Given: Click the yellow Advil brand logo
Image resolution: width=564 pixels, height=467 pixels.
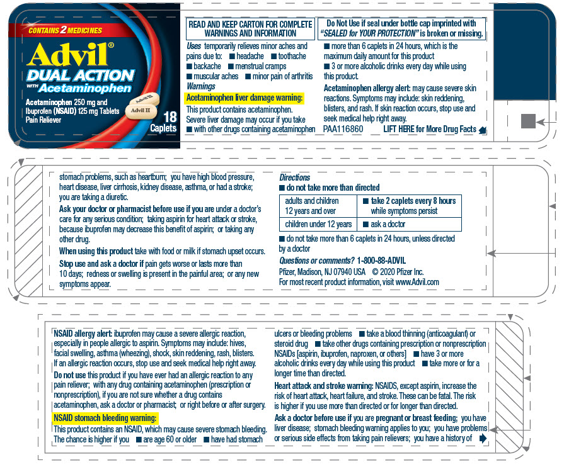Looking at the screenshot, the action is coord(68,55).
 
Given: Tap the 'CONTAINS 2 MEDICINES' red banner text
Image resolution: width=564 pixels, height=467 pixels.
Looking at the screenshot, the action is coord(65,30).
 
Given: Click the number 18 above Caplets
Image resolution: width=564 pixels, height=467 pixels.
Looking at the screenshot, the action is coord(170,117).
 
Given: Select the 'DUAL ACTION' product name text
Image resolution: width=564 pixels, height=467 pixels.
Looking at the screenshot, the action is coord(81,76).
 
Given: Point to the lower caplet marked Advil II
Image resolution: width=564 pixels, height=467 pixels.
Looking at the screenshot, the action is coord(141,110).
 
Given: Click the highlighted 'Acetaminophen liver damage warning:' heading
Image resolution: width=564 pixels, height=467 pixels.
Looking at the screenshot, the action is coord(245,98).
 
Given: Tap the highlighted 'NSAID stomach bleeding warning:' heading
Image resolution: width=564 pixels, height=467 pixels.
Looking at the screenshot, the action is coord(105,418).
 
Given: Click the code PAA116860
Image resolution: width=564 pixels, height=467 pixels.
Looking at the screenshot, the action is coord(343,129).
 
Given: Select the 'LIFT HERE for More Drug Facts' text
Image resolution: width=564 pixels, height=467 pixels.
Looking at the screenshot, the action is coord(430,129).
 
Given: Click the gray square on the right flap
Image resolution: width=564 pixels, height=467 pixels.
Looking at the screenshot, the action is coord(528,121).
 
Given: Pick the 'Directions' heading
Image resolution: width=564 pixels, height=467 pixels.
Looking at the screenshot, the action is coord(294,177).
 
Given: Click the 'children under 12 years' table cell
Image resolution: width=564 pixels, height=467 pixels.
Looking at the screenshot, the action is coord(318,224).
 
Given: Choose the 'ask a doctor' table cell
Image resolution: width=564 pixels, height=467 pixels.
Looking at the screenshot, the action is coord(410,224).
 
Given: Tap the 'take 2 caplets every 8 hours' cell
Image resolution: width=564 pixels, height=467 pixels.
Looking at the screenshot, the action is coord(410,206).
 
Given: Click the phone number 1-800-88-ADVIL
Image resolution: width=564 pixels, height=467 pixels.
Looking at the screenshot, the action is coord(381,261).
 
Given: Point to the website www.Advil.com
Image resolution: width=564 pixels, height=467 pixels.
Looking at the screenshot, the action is coord(417,282).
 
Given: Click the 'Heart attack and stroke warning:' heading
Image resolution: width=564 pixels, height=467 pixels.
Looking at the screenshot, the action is coord(324,386).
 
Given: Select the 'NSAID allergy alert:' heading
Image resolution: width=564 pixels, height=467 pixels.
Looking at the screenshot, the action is coord(83,334).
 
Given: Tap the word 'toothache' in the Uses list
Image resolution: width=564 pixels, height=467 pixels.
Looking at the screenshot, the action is coord(292,56).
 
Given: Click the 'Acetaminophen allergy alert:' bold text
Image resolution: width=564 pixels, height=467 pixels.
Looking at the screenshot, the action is coord(367,88).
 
